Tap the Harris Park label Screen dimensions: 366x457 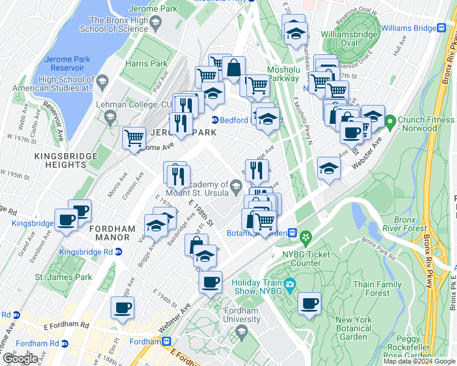(x=146, y=63)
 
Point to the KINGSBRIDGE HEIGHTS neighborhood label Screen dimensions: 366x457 (x=66, y=160)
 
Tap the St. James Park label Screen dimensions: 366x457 (x=63, y=278)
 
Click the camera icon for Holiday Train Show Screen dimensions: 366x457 (x=290, y=284)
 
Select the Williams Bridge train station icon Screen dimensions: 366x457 (x=441, y=27)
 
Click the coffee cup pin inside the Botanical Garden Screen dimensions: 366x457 (x=309, y=303)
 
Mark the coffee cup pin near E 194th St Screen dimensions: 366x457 (x=122, y=307)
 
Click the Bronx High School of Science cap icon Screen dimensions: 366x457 (x=155, y=23)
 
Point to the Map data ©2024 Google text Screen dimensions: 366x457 (x=419, y=361)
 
